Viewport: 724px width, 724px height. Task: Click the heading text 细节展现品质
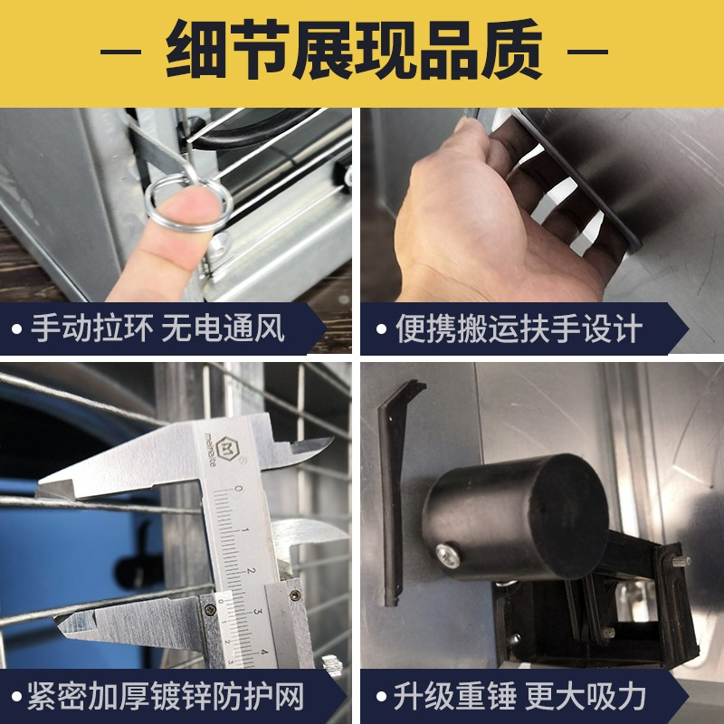pyautogui.click(x=354, y=50)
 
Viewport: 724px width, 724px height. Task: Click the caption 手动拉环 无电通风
pyautogui.click(x=157, y=329)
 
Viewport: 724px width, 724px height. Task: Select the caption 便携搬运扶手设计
pyautogui.click(x=519, y=329)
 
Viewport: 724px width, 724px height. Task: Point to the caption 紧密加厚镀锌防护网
pyautogui.click(x=166, y=696)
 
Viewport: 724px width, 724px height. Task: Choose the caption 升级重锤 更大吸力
pyautogui.click(x=519, y=696)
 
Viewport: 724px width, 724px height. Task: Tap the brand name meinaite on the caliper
pyautogui.click(x=209, y=450)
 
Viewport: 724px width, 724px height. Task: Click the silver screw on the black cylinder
pyautogui.click(x=448, y=556)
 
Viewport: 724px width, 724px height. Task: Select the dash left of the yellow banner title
pyautogui.click(x=120, y=52)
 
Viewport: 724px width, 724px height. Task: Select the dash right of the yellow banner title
pyautogui.click(x=587, y=52)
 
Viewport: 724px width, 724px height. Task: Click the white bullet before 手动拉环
pyautogui.click(x=17, y=329)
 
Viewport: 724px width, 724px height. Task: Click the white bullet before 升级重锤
pyautogui.click(x=381, y=696)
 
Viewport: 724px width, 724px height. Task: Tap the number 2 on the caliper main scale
pyautogui.click(x=251, y=571)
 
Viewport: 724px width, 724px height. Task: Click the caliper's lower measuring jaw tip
pyautogui.click(x=57, y=620)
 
